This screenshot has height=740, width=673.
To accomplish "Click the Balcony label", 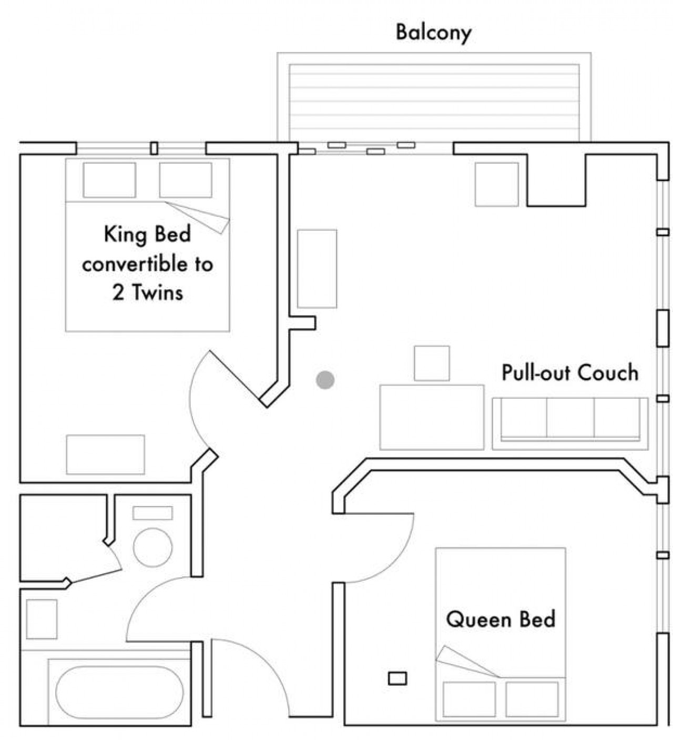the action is tap(433, 33).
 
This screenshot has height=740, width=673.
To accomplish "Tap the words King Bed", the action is tap(147, 234).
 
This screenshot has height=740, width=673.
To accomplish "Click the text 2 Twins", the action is tap(148, 293).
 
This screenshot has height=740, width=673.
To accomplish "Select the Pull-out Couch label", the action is tap(570, 372).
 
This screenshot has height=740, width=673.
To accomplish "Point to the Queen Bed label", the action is tap(501, 619).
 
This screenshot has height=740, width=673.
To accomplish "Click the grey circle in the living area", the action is tap(325, 380).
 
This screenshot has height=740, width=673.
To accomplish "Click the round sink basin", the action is tap(152, 548).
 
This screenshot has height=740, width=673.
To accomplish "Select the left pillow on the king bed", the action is tap(109, 180).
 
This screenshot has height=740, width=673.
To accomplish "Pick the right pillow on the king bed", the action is tap(186, 180).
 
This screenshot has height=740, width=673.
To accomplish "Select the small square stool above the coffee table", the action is tap(432, 363).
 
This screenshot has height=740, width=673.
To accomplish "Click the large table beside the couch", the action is tap(432, 417).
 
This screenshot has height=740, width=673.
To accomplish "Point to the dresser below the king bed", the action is tap(106, 454).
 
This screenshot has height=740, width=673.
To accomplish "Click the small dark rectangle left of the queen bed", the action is tap(397, 678).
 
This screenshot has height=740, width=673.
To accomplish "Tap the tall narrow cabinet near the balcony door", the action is tap(317, 269).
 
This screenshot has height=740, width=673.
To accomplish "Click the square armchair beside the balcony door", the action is tap(497, 185).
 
